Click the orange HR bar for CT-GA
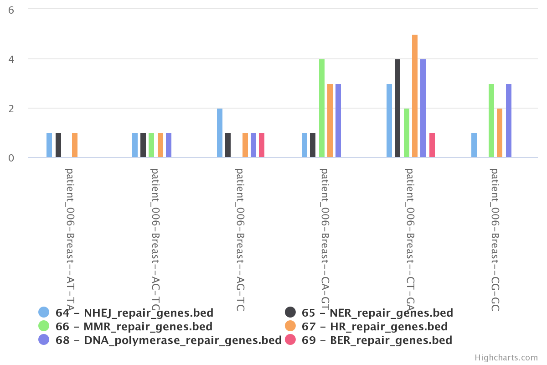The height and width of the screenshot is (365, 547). click(415, 96)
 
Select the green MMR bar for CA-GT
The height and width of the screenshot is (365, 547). click(322, 109)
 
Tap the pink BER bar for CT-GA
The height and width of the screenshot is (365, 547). click(432, 146)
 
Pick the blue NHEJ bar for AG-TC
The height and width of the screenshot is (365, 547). click(220, 133)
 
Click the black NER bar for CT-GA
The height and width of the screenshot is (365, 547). click(397, 109)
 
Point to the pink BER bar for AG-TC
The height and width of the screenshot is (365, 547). click(262, 146)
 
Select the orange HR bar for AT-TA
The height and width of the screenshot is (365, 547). click(75, 146)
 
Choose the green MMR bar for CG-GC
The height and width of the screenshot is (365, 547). click(491, 121)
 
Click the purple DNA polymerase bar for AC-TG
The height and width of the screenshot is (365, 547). click(169, 146)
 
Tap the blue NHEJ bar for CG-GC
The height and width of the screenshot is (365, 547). click(474, 146)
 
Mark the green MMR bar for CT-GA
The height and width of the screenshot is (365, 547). click(407, 133)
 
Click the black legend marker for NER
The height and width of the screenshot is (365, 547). click(290, 313)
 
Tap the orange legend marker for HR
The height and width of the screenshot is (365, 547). click(290, 326)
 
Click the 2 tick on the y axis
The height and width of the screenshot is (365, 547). click(11, 108)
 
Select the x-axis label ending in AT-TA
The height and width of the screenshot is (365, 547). click(70, 240)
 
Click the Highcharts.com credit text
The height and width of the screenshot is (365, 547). click(506, 358)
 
